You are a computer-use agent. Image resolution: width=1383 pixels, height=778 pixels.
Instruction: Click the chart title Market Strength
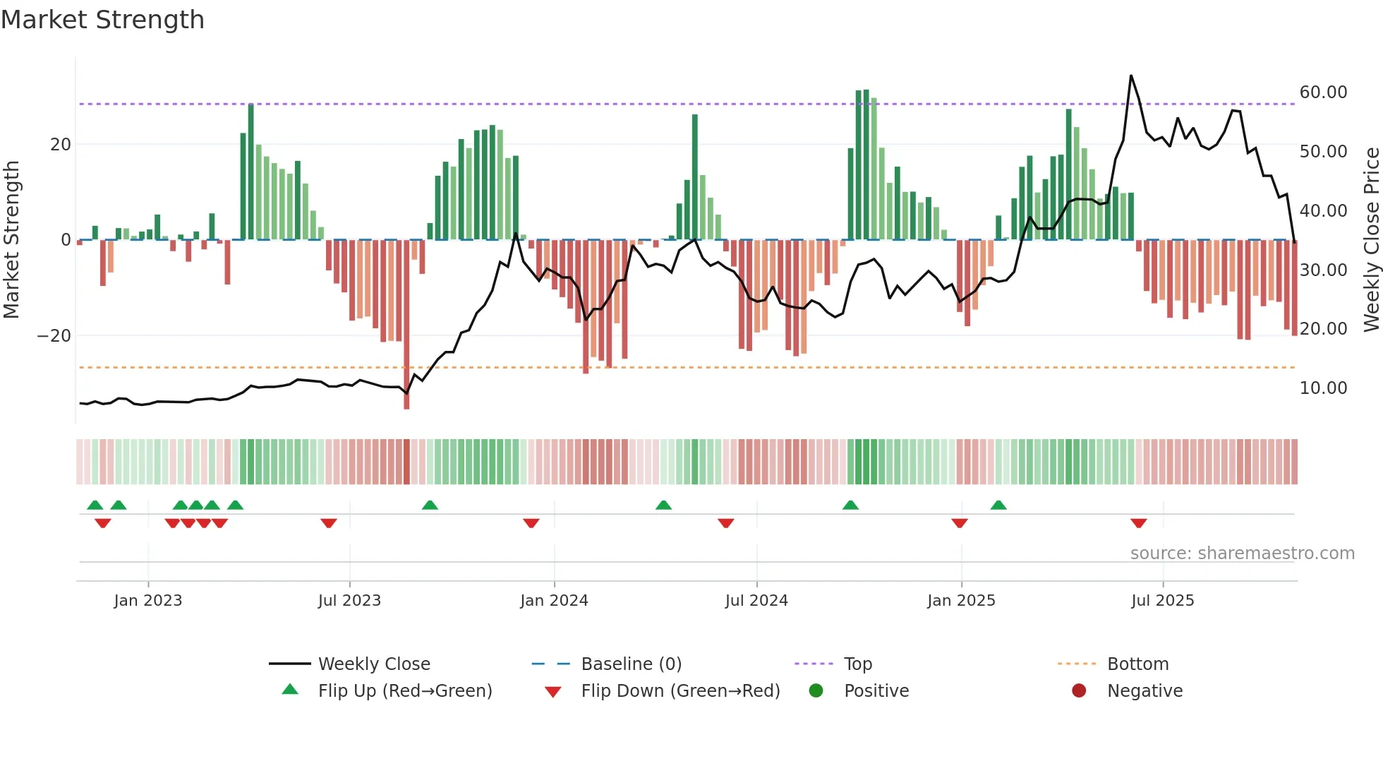click(x=102, y=20)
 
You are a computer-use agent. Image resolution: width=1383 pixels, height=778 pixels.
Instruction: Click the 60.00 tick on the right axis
click(x=1323, y=92)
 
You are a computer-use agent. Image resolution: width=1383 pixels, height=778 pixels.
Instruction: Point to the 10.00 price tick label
click(x=1323, y=388)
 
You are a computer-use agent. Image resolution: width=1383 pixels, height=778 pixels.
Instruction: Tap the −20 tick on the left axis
click(x=54, y=336)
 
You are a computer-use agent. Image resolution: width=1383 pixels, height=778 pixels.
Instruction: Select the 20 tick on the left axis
click(x=61, y=145)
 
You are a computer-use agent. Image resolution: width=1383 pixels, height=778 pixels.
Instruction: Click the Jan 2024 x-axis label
click(x=554, y=601)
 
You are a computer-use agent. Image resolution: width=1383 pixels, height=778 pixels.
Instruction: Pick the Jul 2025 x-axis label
click(x=1162, y=601)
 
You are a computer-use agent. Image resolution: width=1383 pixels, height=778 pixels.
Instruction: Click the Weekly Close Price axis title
click(x=1371, y=240)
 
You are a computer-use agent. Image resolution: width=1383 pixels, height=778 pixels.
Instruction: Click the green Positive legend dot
click(x=816, y=691)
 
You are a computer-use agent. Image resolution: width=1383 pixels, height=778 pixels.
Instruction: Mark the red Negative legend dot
click(x=1079, y=691)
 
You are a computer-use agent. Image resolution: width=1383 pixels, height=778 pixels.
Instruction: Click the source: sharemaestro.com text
click(x=1242, y=553)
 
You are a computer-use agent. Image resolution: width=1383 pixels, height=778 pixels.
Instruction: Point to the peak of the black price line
click(x=1131, y=76)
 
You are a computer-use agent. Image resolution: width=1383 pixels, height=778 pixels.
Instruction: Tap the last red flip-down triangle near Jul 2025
click(x=1138, y=523)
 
